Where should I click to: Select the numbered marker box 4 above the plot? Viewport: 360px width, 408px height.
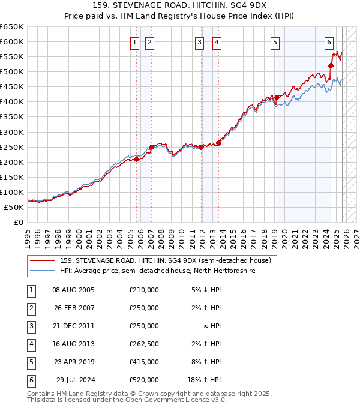(x=217, y=42)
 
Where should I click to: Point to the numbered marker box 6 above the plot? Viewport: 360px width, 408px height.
(x=329, y=42)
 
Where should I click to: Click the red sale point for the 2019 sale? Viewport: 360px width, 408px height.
(x=277, y=97)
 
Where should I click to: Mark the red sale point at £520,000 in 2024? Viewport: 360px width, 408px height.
(x=331, y=66)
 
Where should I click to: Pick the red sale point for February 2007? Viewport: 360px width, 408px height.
(x=151, y=147)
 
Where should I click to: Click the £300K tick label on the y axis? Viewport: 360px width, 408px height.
(x=12, y=132)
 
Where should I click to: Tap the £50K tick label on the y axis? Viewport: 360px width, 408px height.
(x=14, y=207)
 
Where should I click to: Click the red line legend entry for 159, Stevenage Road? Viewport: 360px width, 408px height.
(x=166, y=260)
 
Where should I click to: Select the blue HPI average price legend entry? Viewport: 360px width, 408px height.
(x=157, y=271)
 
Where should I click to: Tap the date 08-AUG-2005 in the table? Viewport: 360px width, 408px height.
(x=73, y=290)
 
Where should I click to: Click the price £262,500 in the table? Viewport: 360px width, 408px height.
(x=144, y=344)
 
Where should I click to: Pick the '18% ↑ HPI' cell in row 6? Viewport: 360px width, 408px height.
(x=204, y=380)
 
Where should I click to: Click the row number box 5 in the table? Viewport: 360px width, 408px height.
(x=30, y=362)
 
